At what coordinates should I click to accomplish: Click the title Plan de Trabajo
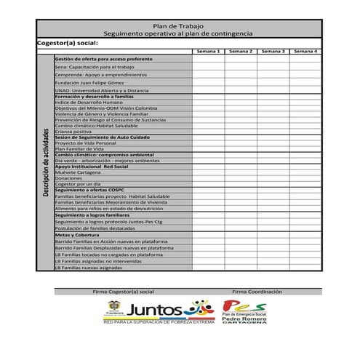click(177, 25)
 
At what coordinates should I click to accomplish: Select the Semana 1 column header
click(208, 52)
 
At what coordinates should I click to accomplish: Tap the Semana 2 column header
click(241, 52)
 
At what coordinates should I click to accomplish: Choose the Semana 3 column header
click(273, 52)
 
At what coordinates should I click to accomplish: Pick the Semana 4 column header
click(305, 52)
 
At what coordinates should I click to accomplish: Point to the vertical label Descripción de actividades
click(45, 162)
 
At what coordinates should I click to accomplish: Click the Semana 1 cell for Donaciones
click(208, 178)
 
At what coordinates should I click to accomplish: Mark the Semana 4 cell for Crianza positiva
click(305, 132)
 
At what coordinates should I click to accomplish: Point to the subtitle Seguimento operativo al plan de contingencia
click(177, 33)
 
